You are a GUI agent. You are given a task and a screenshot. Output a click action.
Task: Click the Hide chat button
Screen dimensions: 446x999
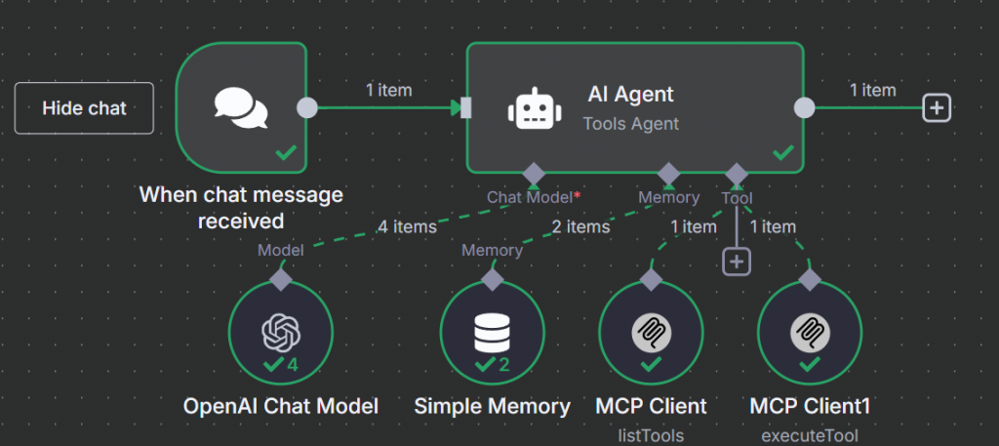84,108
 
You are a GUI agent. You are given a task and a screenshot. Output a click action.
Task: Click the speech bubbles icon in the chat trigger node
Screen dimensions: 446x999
241,108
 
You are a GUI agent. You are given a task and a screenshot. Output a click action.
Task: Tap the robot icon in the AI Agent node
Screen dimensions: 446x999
533,108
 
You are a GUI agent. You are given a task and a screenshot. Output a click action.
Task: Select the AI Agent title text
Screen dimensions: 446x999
630,95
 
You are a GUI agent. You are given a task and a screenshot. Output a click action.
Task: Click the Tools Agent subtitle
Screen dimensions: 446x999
630,124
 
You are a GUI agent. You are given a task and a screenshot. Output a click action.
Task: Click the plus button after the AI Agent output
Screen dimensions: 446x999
937,108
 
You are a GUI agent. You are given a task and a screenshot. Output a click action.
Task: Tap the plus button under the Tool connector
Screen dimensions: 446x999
736,261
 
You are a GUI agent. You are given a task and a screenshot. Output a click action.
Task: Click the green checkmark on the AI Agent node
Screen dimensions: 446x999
782,153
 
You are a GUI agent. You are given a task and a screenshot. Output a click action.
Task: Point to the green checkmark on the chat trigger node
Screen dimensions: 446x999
286,153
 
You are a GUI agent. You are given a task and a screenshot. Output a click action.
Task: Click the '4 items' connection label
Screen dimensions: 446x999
407,227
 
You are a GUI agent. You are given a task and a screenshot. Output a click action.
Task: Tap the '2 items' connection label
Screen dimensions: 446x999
580,227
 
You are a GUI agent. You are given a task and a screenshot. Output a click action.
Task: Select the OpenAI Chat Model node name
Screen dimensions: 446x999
281,406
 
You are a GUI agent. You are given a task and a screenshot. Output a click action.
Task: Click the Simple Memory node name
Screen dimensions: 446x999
493,406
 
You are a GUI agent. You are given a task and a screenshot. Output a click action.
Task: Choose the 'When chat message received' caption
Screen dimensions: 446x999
241,208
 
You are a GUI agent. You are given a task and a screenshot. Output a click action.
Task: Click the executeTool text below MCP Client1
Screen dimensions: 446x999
810,435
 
